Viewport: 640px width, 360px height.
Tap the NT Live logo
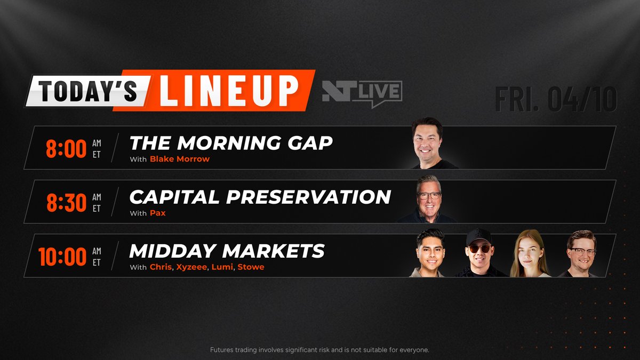362,93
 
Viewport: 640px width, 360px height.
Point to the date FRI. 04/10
555,99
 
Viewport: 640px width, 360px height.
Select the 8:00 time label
66,149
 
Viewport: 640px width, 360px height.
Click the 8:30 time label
66,203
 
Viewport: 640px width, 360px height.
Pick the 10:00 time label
62,257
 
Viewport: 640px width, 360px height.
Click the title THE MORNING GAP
231,142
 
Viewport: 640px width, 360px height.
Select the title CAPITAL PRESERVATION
260,196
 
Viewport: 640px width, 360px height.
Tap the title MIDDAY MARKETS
227,251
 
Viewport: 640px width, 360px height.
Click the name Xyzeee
190,267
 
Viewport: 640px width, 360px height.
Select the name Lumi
222,267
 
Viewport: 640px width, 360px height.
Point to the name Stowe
251,267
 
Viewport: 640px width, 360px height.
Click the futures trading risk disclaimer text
320,350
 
